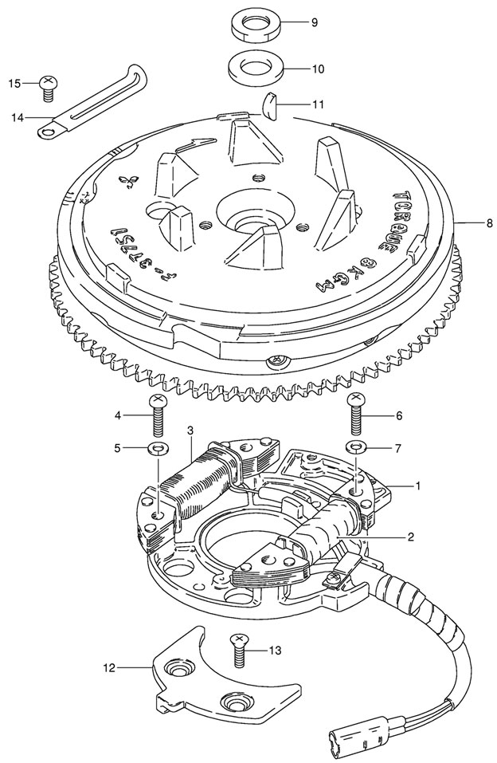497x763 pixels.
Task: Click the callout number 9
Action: pyautogui.click(x=314, y=22)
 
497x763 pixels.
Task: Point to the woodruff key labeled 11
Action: pyautogui.click(x=271, y=104)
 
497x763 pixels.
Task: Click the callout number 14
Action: pyautogui.click(x=18, y=118)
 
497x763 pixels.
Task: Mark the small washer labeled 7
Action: pyautogui.click(x=356, y=445)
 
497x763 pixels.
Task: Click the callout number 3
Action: pyautogui.click(x=190, y=431)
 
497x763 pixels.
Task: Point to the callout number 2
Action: pyautogui.click(x=410, y=537)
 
